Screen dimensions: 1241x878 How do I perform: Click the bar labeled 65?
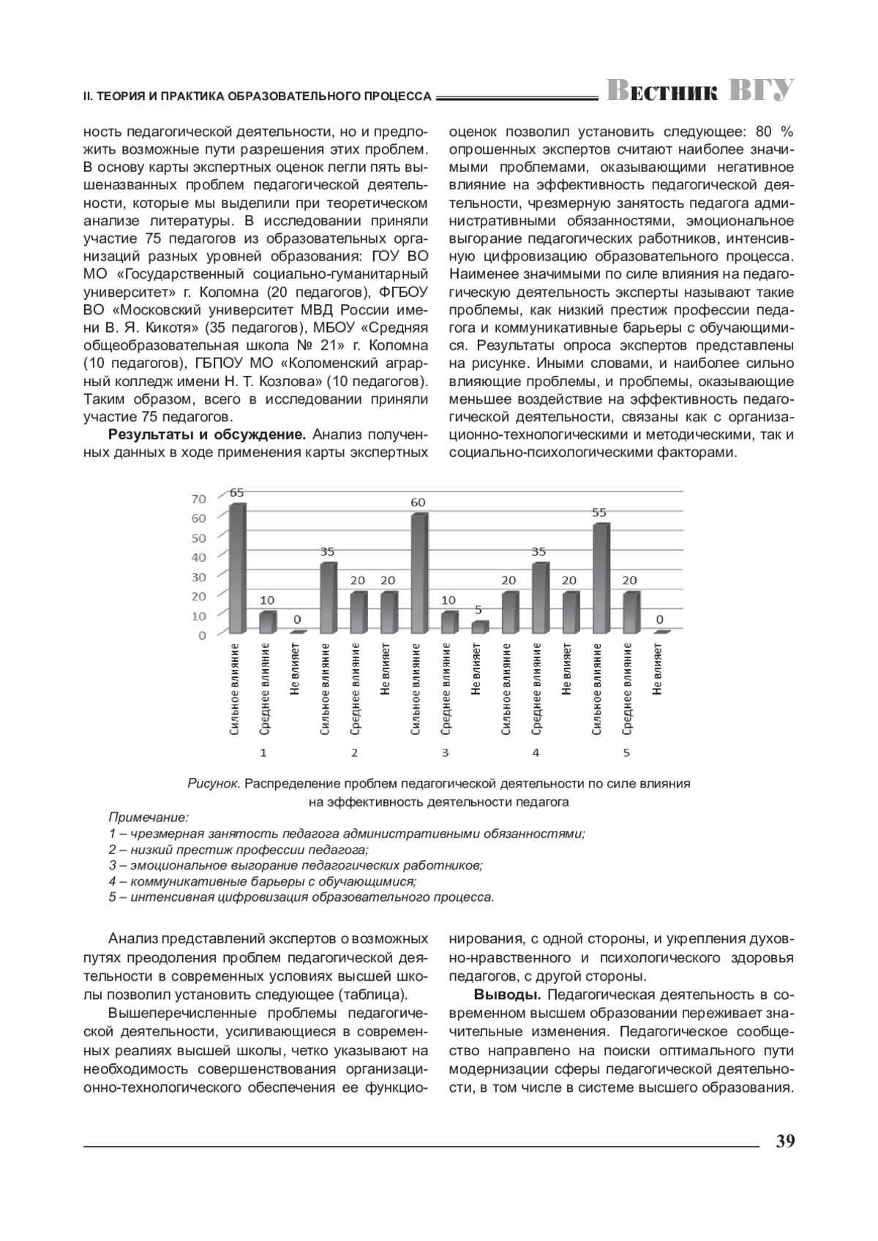coord(237,568)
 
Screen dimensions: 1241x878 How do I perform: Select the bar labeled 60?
coord(418,573)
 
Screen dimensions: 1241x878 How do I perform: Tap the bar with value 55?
coord(600,578)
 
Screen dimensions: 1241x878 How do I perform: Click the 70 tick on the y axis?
coord(199,499)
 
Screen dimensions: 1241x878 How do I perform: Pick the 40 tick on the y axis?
coord(199,557)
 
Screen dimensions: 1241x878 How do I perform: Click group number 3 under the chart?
coord(445,752)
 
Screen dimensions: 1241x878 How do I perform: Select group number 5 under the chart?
coord(626,752)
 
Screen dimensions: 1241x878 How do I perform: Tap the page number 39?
coord(785,1142)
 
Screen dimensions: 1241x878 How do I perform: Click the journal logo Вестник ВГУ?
coord(700,91)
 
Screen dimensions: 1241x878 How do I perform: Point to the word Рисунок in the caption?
coord(214,784)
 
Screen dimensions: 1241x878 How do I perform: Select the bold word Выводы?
coord(507,995)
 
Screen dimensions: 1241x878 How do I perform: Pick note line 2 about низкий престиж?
coord(239,849)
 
